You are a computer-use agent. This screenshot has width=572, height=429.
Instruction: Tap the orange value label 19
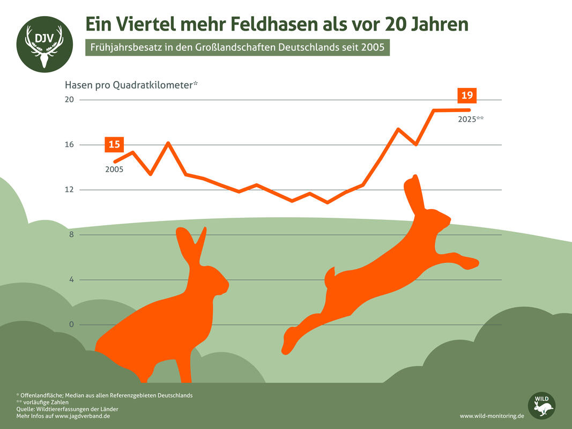point(466,95)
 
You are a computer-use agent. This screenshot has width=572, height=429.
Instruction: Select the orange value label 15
point(114,144)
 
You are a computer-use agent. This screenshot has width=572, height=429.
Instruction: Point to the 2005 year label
point(114,169)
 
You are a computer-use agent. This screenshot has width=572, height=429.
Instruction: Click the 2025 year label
point(470,120)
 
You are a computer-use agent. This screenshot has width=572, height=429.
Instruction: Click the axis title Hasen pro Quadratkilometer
point(131,85)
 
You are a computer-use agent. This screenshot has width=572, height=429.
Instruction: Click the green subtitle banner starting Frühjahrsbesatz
point(237,47)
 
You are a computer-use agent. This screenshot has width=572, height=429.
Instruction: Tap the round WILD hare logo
point(541,406)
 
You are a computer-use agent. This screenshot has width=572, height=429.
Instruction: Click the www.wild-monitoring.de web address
point(492,416)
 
